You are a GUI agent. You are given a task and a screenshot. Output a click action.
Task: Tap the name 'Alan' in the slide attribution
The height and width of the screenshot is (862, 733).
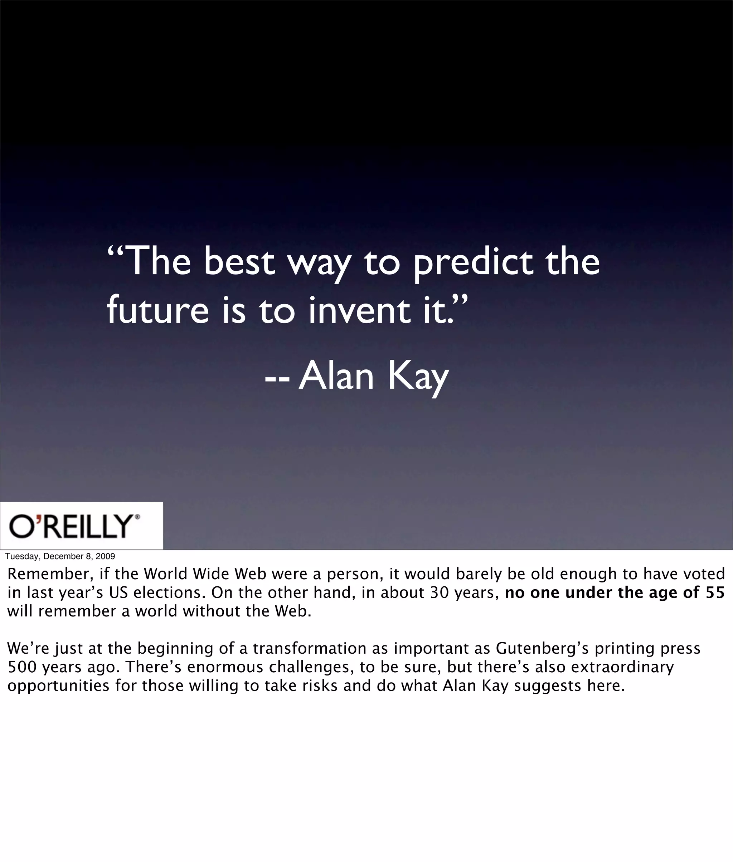336,376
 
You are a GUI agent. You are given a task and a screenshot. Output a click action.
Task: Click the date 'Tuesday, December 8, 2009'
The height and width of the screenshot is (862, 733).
60,556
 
